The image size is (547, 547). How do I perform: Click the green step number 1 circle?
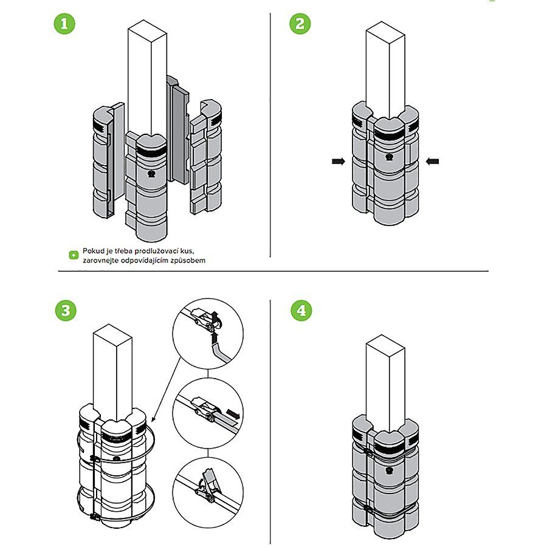point(66,25)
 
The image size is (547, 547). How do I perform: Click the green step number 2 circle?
point(300,25)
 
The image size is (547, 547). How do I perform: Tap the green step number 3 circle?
point(66,311)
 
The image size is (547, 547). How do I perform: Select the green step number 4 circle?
point(300,311)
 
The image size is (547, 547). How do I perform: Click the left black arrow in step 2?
point(339,161)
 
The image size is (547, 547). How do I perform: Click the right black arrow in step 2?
point(432,161)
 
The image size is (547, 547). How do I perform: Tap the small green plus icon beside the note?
point(74,255)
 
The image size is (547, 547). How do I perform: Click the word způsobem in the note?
point(196,260)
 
